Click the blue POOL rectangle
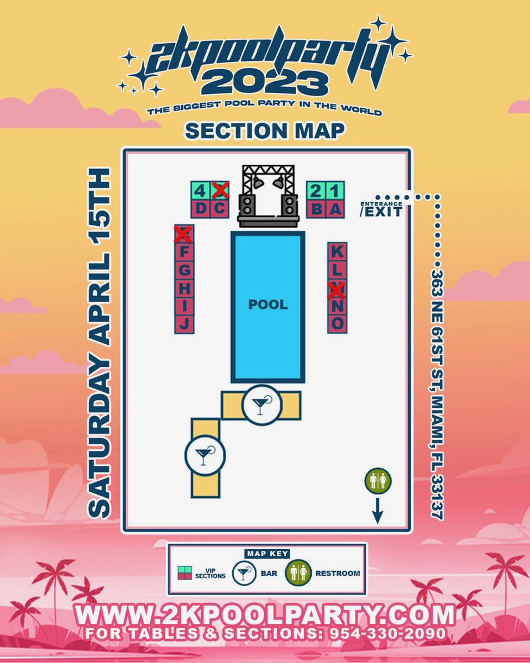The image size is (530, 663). [268, 307]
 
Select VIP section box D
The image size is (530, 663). [201, 209]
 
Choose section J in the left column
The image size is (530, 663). [185, 323]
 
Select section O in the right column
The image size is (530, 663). [337, 323]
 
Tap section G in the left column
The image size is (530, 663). [185, 270]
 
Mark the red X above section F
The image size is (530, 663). [183, 234]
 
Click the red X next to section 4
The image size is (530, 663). [220, 191]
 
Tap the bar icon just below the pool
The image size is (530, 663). [261, 404]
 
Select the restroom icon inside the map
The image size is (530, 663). [378, 481]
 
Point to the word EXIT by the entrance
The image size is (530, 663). [381, 211]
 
